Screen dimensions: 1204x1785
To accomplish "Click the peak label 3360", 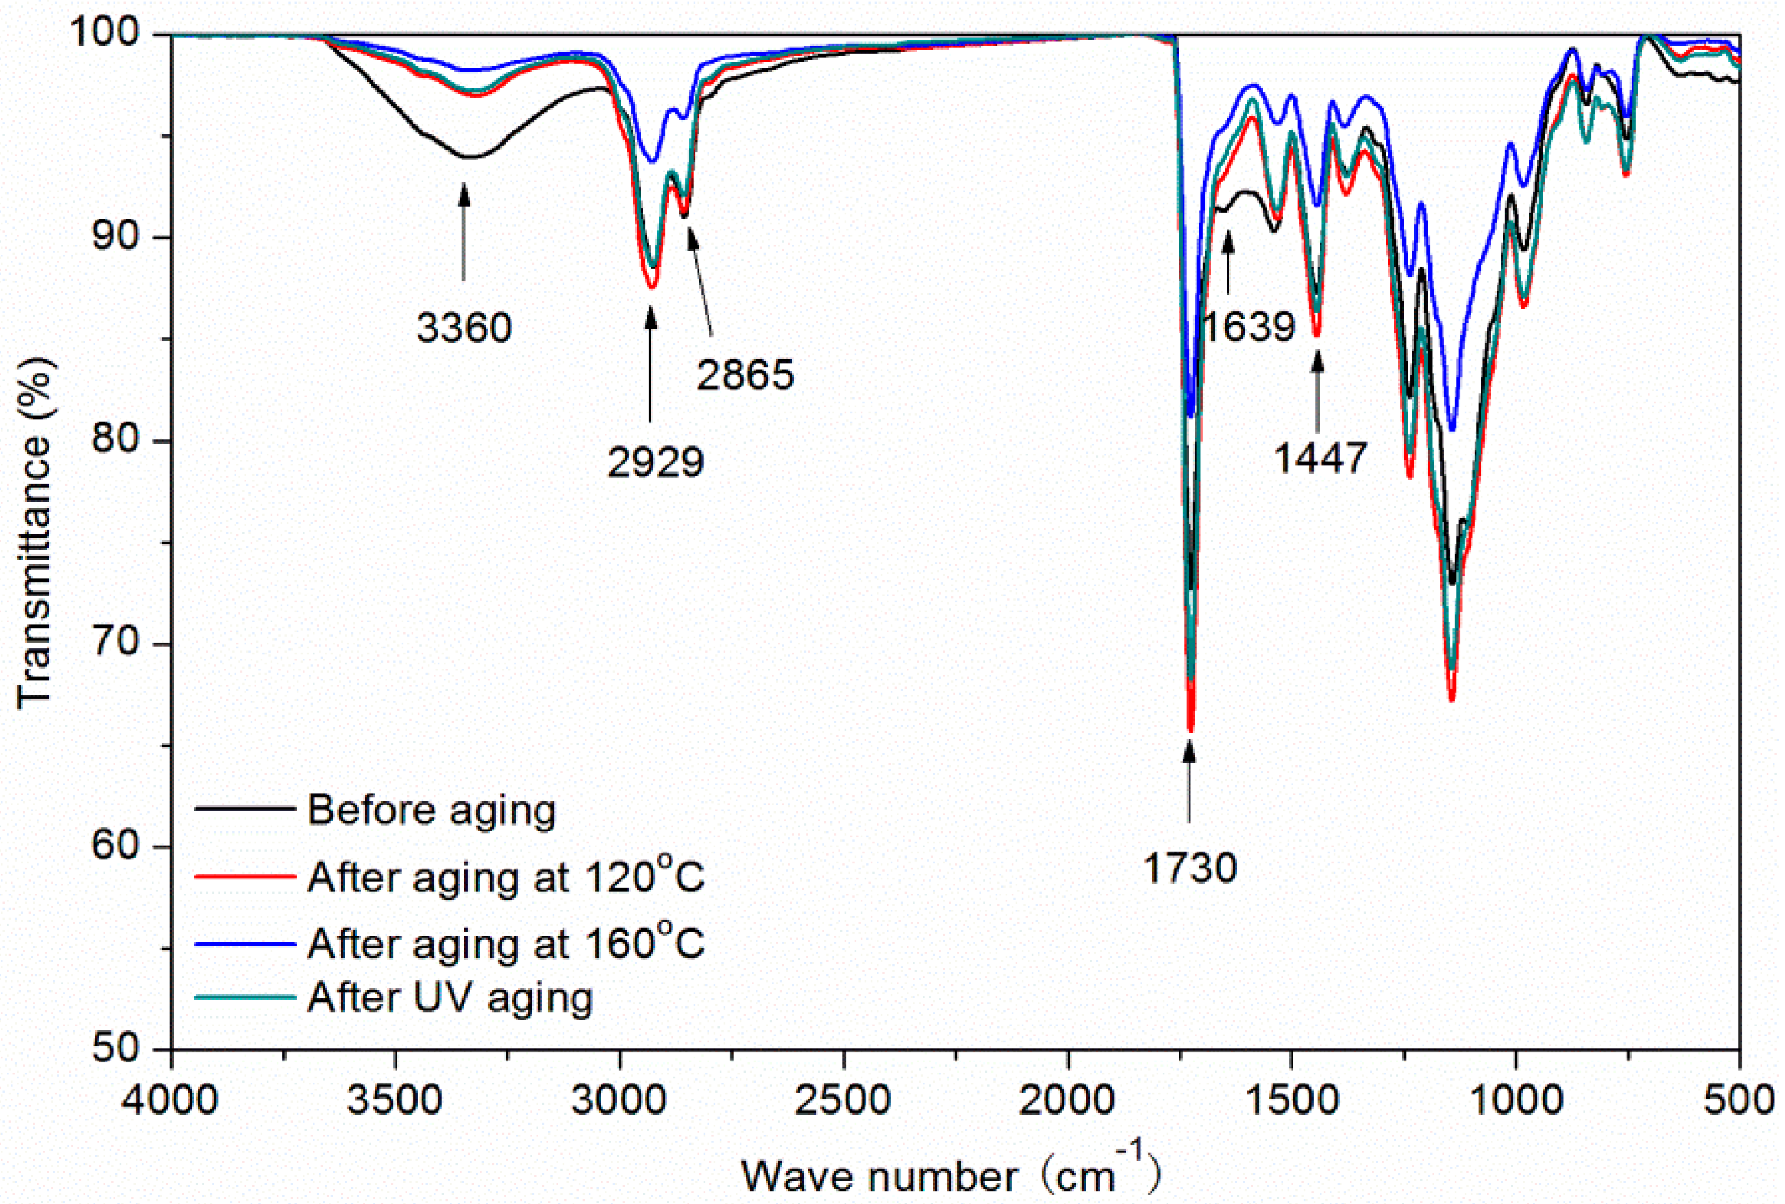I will [464, 329].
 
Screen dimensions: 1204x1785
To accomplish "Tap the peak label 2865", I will [744, 375].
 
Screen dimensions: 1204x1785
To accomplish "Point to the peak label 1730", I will [1189, 868].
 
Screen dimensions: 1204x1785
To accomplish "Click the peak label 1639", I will [1249, 327].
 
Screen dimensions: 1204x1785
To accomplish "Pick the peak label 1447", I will [1321, 458].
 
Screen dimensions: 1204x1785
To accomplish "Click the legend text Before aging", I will [432, 810].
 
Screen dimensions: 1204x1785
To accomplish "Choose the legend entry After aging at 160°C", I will [505, 943].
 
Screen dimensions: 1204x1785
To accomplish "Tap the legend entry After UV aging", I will [450, 998].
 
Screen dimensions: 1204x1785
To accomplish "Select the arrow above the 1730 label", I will [1189, 779].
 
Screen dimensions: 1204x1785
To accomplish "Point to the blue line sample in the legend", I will [245, 943].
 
